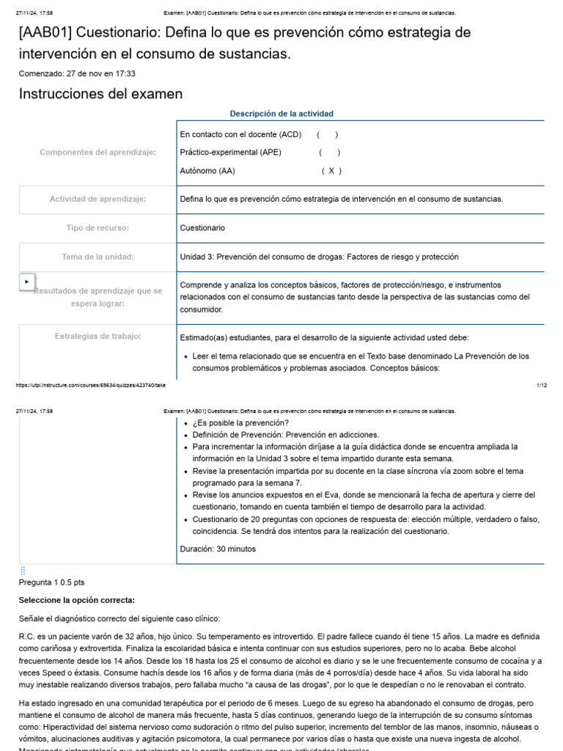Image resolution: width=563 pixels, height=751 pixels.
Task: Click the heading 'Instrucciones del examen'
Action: (100, 94)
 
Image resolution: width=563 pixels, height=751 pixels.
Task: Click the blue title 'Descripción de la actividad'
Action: (281, 114)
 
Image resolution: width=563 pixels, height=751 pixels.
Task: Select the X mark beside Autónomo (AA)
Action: (331, 171)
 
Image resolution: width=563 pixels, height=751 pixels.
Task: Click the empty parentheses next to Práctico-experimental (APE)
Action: (329, 153)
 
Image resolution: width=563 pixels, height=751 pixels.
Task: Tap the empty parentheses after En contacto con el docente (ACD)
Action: (327, 135)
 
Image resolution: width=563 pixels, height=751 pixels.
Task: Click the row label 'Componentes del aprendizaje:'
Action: (97, 153)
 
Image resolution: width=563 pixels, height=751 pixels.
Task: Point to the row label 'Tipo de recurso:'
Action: (97, 228)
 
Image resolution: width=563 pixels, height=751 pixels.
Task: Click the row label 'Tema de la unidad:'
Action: (97, 257)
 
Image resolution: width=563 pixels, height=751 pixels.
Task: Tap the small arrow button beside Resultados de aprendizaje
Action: (27, 282)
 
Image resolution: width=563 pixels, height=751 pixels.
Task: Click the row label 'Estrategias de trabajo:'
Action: (97, 336)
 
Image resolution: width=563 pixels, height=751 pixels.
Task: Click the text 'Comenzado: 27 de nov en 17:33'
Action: (77, 73)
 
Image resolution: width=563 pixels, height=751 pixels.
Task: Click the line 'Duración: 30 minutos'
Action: (218, 549)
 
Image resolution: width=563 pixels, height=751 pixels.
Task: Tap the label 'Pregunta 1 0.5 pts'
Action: (51, 582)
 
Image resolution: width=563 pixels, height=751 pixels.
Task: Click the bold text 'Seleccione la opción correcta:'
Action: (77, 600)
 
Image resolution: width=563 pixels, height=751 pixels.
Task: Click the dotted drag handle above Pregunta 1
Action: (23, 571)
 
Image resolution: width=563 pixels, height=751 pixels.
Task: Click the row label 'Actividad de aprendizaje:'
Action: (97, 199)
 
